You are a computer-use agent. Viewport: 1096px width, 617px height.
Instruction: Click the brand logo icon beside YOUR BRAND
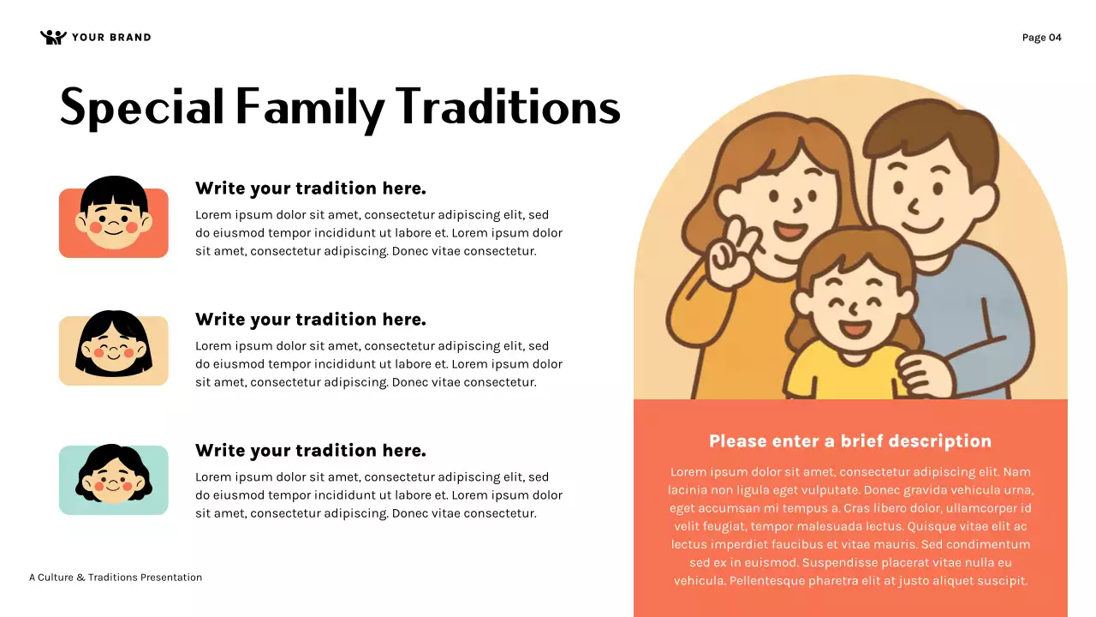tap(53, 37)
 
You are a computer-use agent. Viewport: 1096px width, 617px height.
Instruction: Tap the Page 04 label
tap(1041, 37)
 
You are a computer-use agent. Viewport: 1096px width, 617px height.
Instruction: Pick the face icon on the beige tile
tap(114, 344)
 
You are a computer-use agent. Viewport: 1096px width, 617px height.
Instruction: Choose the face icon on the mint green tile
tap(114, 474)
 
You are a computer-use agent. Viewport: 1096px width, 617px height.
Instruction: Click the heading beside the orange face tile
tap(310, 189)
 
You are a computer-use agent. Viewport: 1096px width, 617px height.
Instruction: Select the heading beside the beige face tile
tap(310, 320)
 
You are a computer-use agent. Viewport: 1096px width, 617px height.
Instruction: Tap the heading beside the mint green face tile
tap(310, 451)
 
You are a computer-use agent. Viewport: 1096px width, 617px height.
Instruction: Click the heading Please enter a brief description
tap(849, 441)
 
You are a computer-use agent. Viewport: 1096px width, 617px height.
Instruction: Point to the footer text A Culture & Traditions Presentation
tap(116, 578)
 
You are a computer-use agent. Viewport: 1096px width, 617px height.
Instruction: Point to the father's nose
tap(913, 206)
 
